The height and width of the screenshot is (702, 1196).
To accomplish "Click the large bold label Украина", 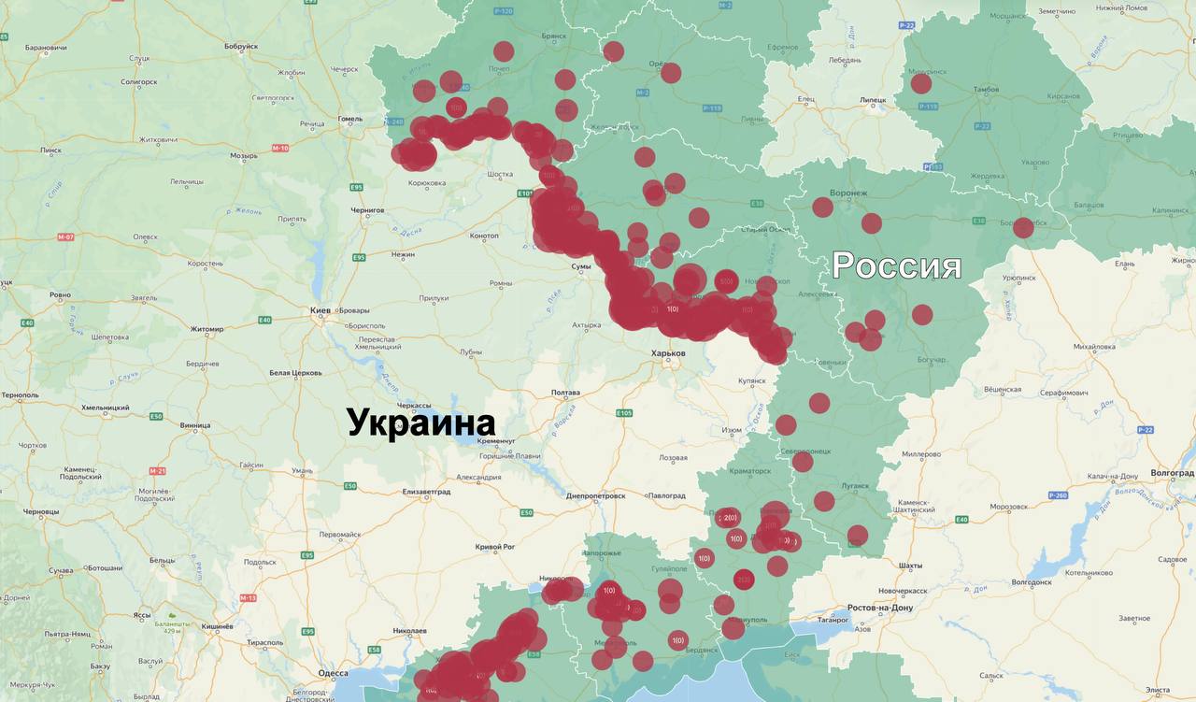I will click(x=420, y=423).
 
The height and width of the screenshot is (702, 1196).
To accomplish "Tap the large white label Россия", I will click(x=897, y=266).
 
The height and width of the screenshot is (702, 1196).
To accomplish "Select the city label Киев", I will click(x=320, y=309).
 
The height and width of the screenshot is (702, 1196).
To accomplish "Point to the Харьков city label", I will click(x=669, y=353).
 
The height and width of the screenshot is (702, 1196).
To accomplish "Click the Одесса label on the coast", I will click(x=333, y=673).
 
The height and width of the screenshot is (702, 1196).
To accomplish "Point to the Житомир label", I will click(x=206, y=329).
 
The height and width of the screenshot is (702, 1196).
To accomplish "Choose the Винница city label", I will click(x=195, y=425).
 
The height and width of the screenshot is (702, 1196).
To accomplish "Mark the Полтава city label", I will click(x=566, y=393).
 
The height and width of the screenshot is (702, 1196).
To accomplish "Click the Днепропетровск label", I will click(x=595, y=495).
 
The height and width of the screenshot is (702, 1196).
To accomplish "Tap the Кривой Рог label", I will click(x=495, y=546).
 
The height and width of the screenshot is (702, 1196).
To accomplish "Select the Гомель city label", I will click(x=349, y=119).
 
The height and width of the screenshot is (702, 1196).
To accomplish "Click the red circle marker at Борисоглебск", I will click(x=1023, y=227).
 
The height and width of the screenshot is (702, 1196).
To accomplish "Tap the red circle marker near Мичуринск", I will click(x=921, y=84).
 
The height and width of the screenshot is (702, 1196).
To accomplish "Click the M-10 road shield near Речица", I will click(x=280, y=148).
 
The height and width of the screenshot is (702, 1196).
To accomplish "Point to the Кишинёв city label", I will click(x=217, y=625).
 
